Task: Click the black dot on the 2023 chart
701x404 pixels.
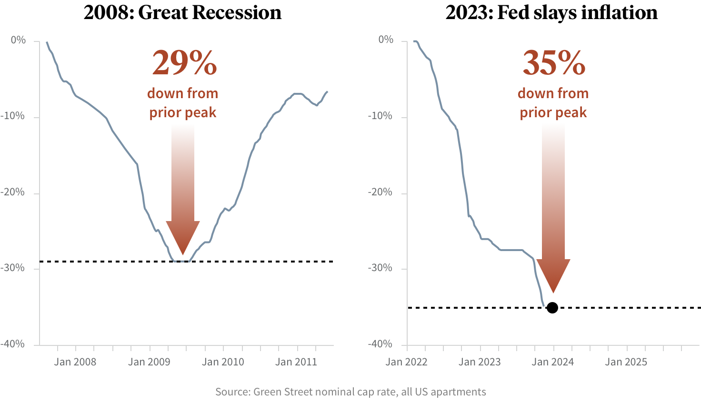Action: [x=552, y=308]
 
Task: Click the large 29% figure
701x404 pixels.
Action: [x=184, y=63]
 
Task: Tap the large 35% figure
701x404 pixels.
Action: [x=554, y=63]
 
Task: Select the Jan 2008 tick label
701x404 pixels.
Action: [x=75, y=362]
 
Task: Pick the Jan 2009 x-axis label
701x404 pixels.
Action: [x=149, y=362]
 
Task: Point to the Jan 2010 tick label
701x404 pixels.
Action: [x=223, y=362]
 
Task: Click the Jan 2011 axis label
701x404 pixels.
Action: [x=296, y=362]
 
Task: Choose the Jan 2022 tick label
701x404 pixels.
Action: [x=406, y=362]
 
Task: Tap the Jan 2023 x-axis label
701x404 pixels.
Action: [x=480, y=362]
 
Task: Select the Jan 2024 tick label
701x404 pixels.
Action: [x=553, y=362]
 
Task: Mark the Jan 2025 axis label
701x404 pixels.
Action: [x=626, y=362]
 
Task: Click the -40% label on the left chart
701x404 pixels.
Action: [x=13, y=344]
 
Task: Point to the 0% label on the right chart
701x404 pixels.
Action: [x=386, y=40]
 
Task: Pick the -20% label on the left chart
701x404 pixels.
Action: [x=13, y=192]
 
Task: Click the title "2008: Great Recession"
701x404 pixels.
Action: [x=182, y=13]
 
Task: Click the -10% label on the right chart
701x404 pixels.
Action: [x=381, y=116]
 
